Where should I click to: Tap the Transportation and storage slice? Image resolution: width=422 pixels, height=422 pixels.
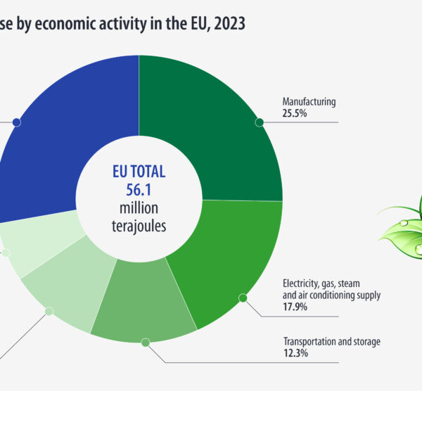[x=144, y=309]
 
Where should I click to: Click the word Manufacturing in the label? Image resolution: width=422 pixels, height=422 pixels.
[x=309, y=101]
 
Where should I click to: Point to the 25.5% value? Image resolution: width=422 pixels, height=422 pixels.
[x=294, y=113]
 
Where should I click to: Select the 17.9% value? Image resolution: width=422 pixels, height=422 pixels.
[x=294, y=307]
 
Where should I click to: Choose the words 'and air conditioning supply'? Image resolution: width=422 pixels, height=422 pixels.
[x=331, y=295]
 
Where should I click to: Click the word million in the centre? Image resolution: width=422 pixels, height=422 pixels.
[x=139, y=209]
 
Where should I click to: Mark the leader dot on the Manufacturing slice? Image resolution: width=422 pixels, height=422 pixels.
[x=260, y=122]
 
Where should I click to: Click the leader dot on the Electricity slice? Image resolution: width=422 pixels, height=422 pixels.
[x=243, y=298]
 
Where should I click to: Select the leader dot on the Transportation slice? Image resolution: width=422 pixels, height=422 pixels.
[x=146, y=343]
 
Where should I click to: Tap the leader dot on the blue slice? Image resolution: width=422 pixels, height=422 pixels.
[x=16, y=122]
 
